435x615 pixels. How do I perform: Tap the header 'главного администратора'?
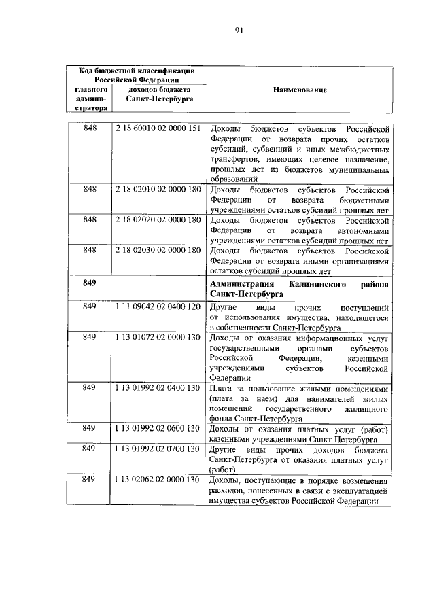click(90, 99)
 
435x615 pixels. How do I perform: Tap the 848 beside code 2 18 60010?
click(90, 128)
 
